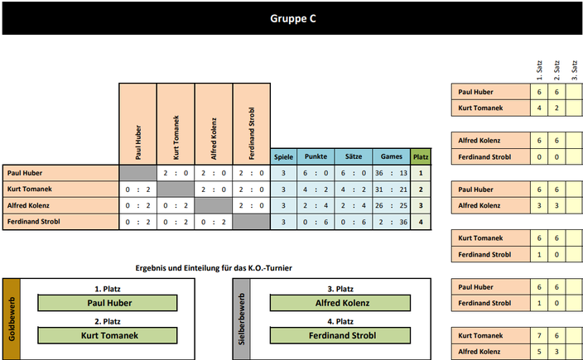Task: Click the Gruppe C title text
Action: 293,18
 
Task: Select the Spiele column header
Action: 284,156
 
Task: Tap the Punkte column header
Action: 316,156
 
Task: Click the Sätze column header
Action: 354,156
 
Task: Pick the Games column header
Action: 392,156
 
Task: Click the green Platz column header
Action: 421,156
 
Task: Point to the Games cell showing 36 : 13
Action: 392,173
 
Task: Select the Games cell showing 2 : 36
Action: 392,222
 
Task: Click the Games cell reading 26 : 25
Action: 392,205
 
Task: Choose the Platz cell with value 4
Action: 421,222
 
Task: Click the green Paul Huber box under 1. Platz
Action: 108,303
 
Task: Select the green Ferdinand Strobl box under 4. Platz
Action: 340,335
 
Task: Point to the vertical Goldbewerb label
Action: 12,319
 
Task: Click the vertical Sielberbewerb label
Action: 241,319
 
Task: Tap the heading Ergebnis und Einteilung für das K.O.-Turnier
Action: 214,268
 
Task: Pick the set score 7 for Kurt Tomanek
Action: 539,335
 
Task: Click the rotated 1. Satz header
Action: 539,70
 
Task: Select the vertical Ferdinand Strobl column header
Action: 252,133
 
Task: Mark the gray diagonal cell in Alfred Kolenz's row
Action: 214,205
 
